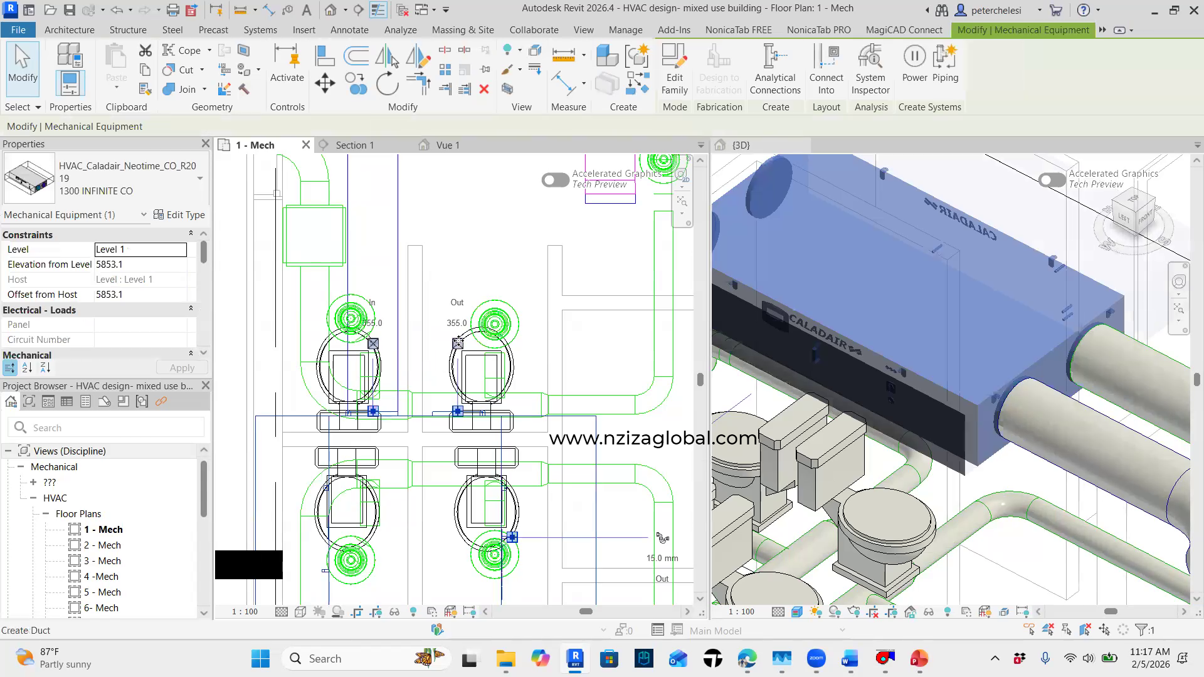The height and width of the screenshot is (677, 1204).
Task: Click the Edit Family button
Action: click(674, 70)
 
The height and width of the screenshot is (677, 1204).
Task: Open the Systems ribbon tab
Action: click(260, 29)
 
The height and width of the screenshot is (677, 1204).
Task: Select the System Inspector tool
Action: click(870, 70)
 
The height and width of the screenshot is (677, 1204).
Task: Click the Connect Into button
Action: click(826, 70)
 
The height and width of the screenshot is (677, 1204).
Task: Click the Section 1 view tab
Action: click(354, 145)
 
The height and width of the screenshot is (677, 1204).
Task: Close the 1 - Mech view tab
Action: click(306, 145)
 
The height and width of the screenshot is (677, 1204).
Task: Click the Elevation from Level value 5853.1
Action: click(140, 265)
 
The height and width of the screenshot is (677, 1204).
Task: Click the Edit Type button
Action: click(179, 214)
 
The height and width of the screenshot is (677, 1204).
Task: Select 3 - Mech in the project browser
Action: click(102, 560)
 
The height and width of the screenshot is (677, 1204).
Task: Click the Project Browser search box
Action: click(107, 428)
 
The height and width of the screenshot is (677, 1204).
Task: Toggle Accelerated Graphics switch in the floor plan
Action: click(555, 181)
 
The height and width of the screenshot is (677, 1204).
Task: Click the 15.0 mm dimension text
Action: click(662, 558)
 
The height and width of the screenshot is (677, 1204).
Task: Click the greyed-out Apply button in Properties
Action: click(182, 368)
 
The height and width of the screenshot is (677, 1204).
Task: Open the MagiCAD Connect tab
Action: click(904, 29)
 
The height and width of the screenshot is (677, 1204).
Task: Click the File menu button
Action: click(18, 29)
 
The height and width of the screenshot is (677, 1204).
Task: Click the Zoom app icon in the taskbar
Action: click(816, 658)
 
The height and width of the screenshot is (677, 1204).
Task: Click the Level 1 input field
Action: click(140, 249)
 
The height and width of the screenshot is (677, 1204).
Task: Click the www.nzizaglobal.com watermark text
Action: click(652, 438)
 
